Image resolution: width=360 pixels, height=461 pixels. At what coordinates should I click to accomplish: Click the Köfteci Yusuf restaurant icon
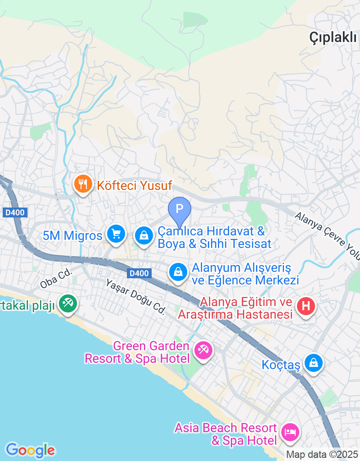[83, 185]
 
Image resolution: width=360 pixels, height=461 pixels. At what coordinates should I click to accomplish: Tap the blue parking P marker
[180, 209]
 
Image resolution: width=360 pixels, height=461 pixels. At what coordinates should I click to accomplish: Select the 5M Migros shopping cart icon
[116, 234]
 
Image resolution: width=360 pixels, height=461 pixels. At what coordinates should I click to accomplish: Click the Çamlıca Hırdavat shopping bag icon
[144, 235]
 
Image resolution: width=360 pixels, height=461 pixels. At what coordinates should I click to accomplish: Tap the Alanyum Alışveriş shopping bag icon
[178, 272]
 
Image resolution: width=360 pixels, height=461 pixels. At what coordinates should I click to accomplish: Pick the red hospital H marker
[306, 307]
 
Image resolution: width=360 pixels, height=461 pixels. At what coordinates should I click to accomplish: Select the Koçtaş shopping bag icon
[313, 363]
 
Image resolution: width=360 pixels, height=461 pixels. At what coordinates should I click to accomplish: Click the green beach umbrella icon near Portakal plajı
[68, 304]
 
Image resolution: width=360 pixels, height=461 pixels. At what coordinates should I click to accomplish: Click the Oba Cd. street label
[53, 282]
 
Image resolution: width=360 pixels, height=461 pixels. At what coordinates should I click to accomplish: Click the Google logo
[30, 450]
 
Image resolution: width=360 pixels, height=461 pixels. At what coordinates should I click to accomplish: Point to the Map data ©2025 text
[322, 455]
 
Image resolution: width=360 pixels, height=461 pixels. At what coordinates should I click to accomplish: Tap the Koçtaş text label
[281, 365]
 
